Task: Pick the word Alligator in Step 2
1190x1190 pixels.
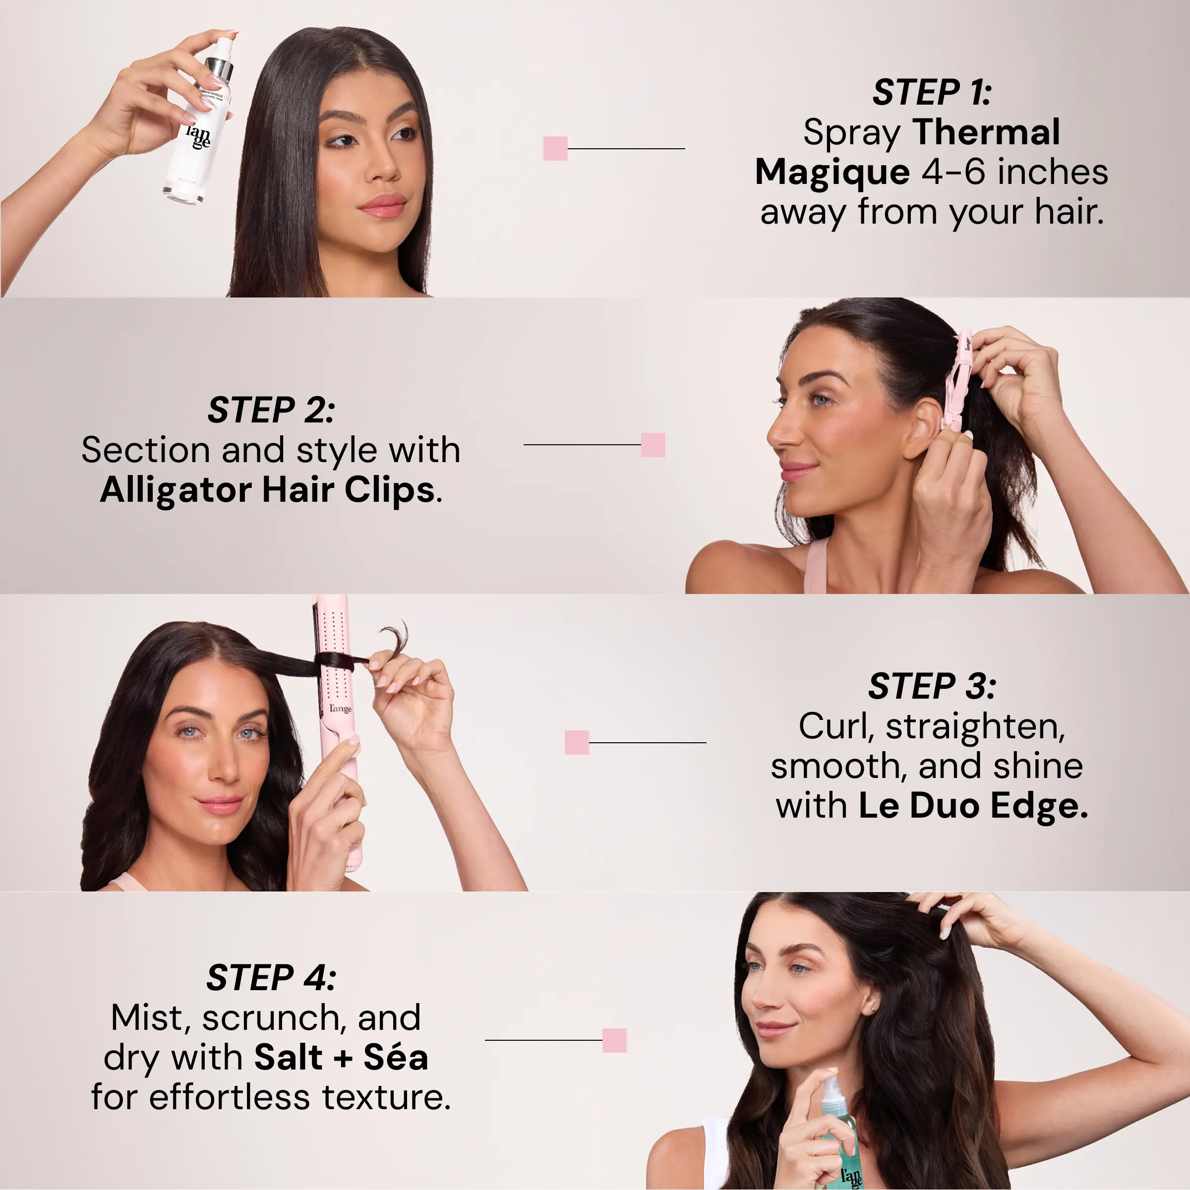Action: click(176, 491)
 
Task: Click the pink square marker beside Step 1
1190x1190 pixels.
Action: click(555, 148)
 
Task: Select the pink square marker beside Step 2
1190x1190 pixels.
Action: click(653, 445)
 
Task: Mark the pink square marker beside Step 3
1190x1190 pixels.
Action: click(577, 742)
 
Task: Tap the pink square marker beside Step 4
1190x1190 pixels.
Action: click(614, 1040)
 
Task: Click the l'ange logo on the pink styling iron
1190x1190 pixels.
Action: click(340, 709)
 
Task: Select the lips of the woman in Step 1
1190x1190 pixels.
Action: click(382, 206)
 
